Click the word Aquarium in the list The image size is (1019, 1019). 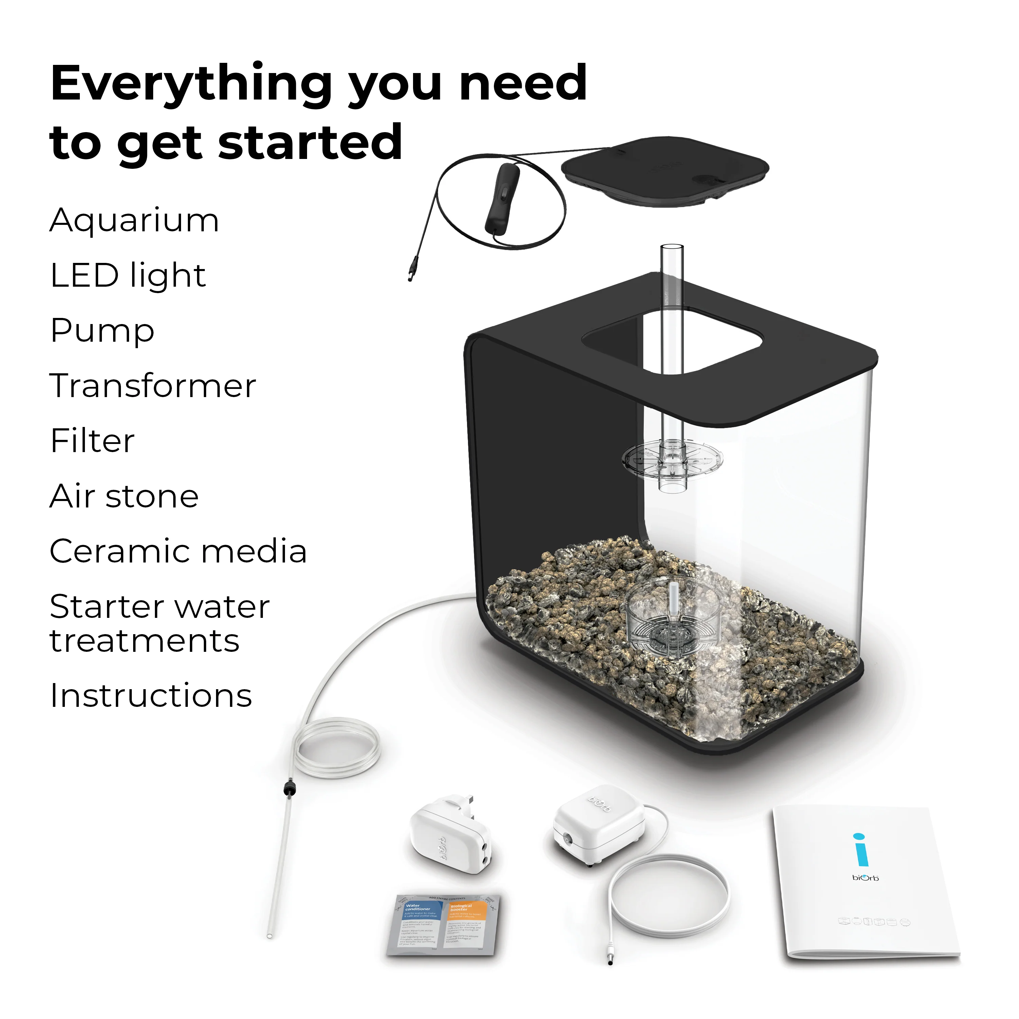coord(134,220)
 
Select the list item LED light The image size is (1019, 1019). coord(128,275)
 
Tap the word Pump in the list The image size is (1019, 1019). coord(102,331)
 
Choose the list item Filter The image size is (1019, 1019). coord(92,441)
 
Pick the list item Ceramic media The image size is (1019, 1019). coord(178,551)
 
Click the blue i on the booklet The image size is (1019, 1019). coord(861,850)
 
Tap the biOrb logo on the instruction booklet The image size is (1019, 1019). coord(865,878)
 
